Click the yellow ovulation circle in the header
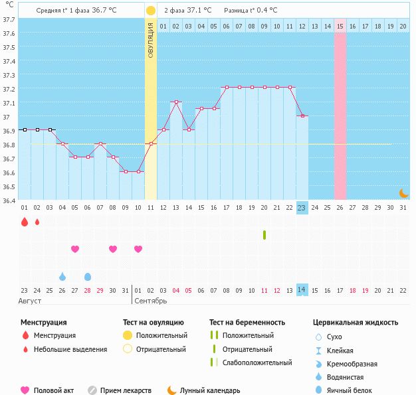tap(151, 11)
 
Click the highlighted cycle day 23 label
tap(302, 208)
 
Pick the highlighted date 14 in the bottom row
tap(302, 290)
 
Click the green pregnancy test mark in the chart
tap(264, 235)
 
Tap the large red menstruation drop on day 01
tap(25, 222)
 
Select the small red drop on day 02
tap(37, 222)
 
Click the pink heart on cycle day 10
tap(138, 249)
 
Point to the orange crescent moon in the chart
tap(403, 193)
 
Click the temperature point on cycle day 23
tap(302, 116)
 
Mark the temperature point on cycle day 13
tap(176, 102)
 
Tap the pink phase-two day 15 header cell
tap(340, 26)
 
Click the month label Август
tap(31, 301)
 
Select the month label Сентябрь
tap(152, 301)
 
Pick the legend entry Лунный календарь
tap(211, 391)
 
